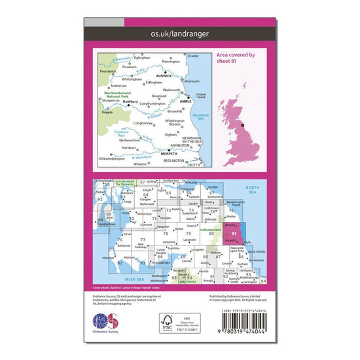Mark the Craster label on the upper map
click(193, 56)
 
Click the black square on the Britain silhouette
click(243, 124)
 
